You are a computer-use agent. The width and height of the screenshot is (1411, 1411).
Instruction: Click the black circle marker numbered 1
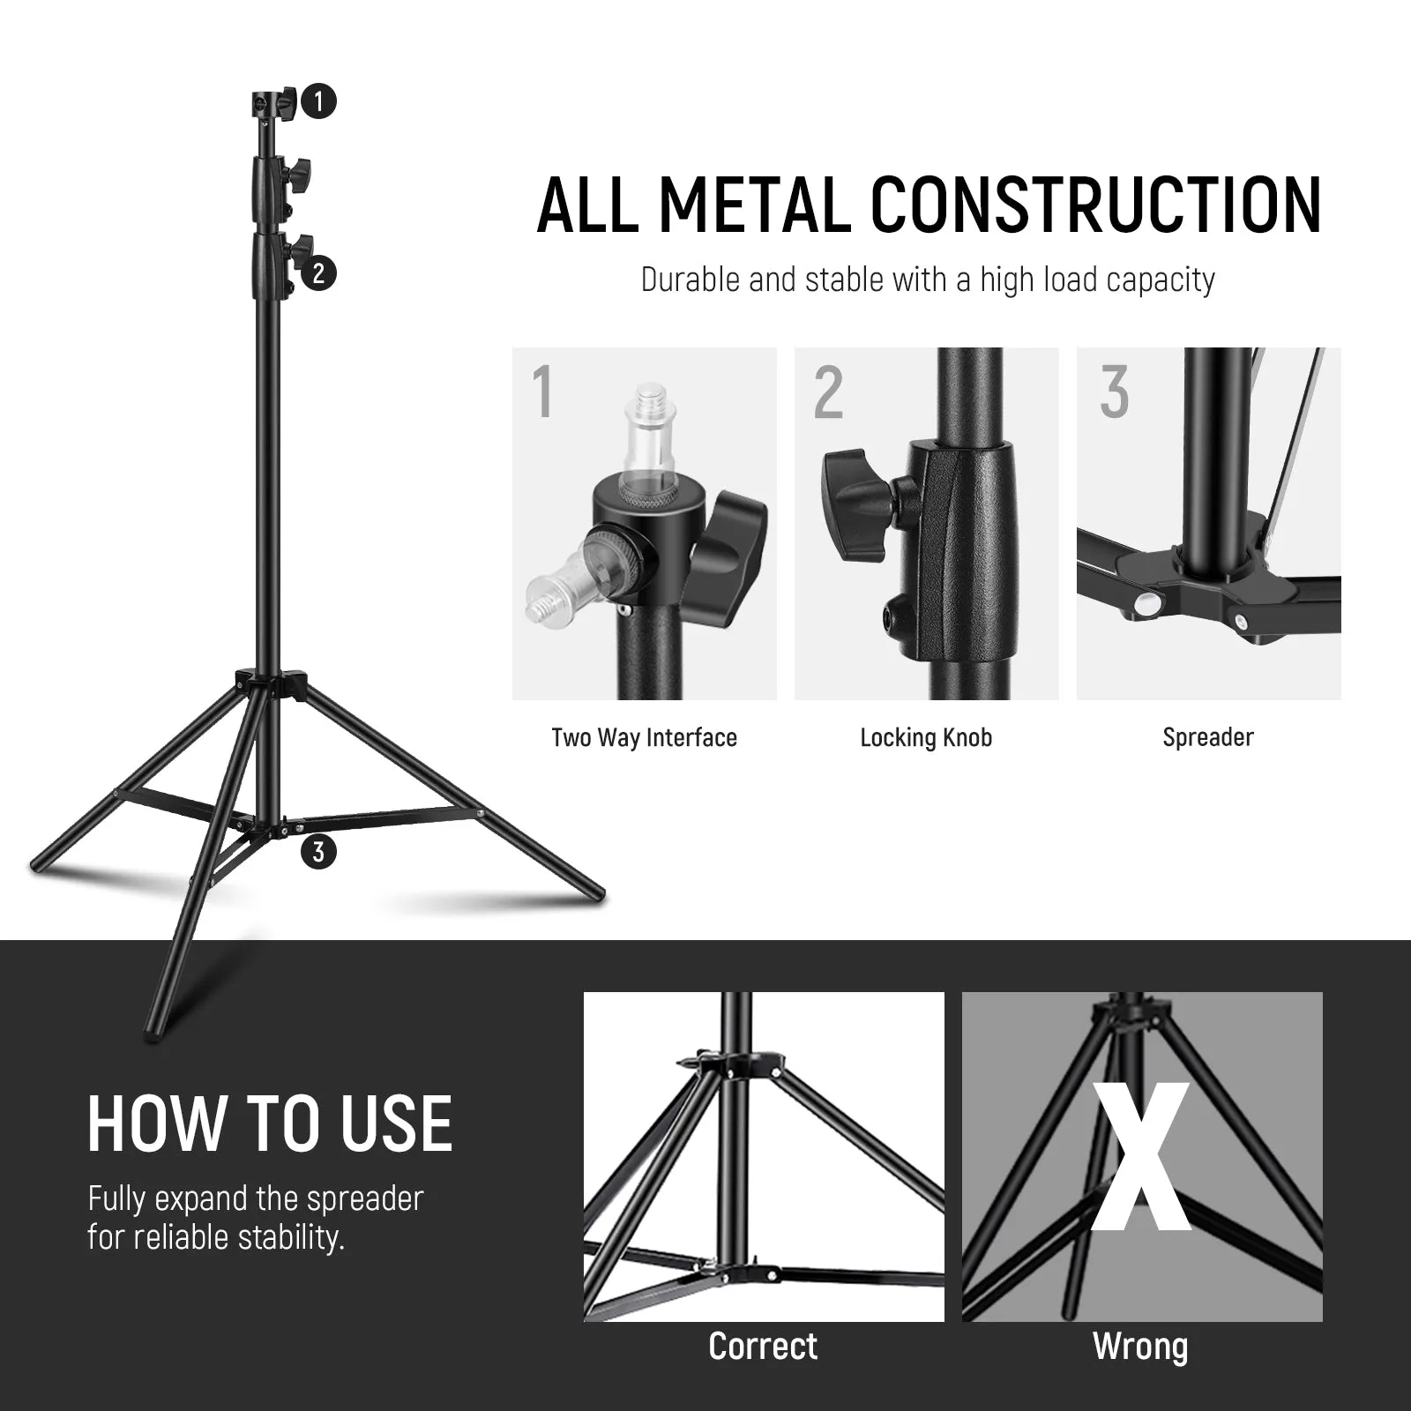click(x=318, y=101)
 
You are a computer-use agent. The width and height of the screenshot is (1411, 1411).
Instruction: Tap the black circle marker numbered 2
click(x=318, y=272)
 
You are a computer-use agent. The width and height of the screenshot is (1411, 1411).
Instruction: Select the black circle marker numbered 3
click(x=318, y=852)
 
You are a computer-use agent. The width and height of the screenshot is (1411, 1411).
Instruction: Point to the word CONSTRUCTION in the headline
click(x=1097, y=205)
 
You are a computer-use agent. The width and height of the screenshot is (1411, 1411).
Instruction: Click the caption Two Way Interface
click(x=644, y=737)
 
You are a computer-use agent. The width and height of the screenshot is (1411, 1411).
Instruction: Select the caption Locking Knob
click(x=926, y=737)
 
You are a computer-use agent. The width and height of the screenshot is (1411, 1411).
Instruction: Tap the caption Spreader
click(x=1208, y=737)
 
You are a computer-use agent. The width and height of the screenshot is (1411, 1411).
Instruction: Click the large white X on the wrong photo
click(x=1141, y=1157)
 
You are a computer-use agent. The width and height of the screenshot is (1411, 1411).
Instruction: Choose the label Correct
click(x=763, y=1346)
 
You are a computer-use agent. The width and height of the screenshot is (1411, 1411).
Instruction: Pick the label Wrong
click(x=1140, y=1347)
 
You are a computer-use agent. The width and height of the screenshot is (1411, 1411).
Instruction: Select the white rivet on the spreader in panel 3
click(x=1147, y=604)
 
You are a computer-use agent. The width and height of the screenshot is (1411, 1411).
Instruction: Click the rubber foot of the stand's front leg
click(x=152, y=1028)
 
